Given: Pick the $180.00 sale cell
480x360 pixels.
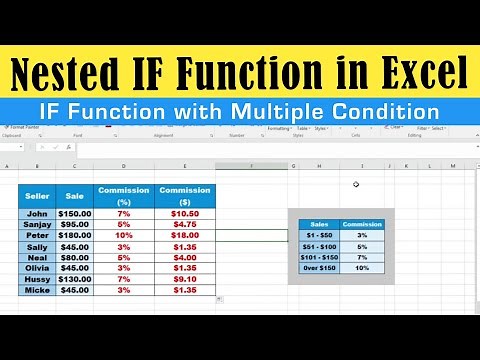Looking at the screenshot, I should tap(74, 236).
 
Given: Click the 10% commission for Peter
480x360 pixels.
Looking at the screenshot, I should tap(123, 236).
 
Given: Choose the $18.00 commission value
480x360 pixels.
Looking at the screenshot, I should tap(184, 236).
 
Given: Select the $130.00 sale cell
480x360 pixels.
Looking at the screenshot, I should tap(74, 279).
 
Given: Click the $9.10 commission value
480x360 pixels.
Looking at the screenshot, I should tap(184, 279).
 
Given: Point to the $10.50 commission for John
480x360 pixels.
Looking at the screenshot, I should tap(184, 214).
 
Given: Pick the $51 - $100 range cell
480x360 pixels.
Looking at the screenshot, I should tap(320, 246).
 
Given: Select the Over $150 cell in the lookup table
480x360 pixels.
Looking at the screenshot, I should tap(320, 268).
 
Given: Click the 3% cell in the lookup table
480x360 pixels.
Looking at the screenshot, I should tap(363, 235).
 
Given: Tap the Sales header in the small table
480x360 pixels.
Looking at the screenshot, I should tap(320, 224).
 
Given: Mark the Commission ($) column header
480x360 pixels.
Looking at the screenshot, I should tap(184, 194).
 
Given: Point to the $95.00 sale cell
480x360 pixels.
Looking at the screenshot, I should tap(74, 225).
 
